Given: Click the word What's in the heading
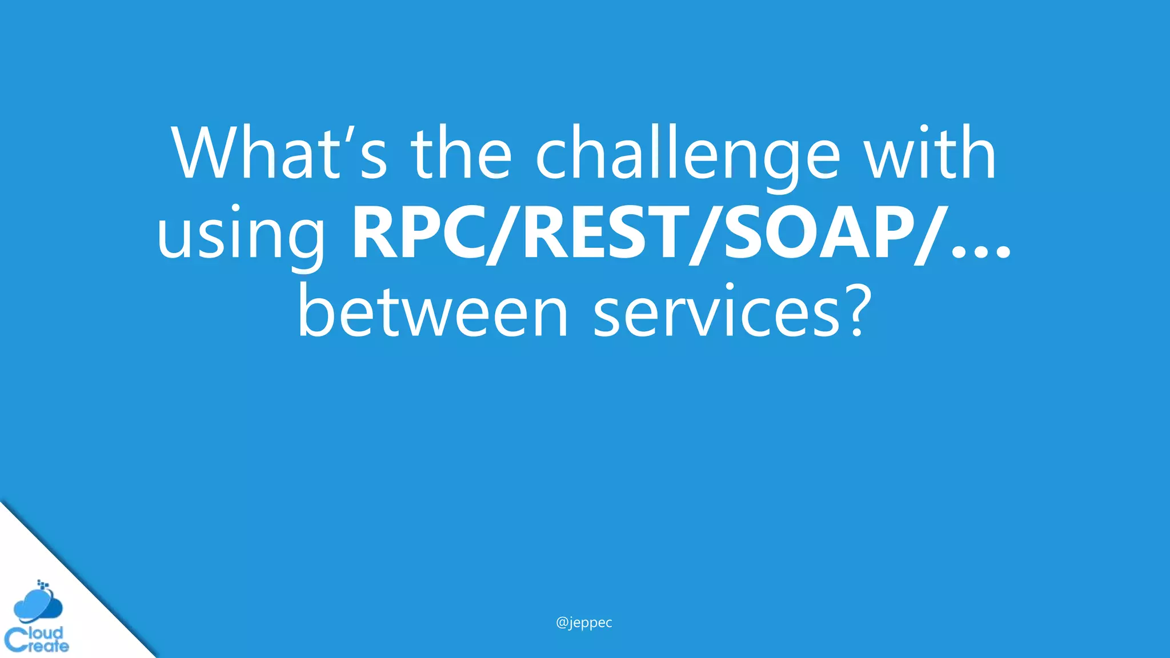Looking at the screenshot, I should [x=280, y=153].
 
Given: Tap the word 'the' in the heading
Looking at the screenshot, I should [x=460, y=153].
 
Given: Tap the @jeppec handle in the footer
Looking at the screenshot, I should [x=584, y=622].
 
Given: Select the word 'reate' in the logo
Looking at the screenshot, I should [x=48, y=647].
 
